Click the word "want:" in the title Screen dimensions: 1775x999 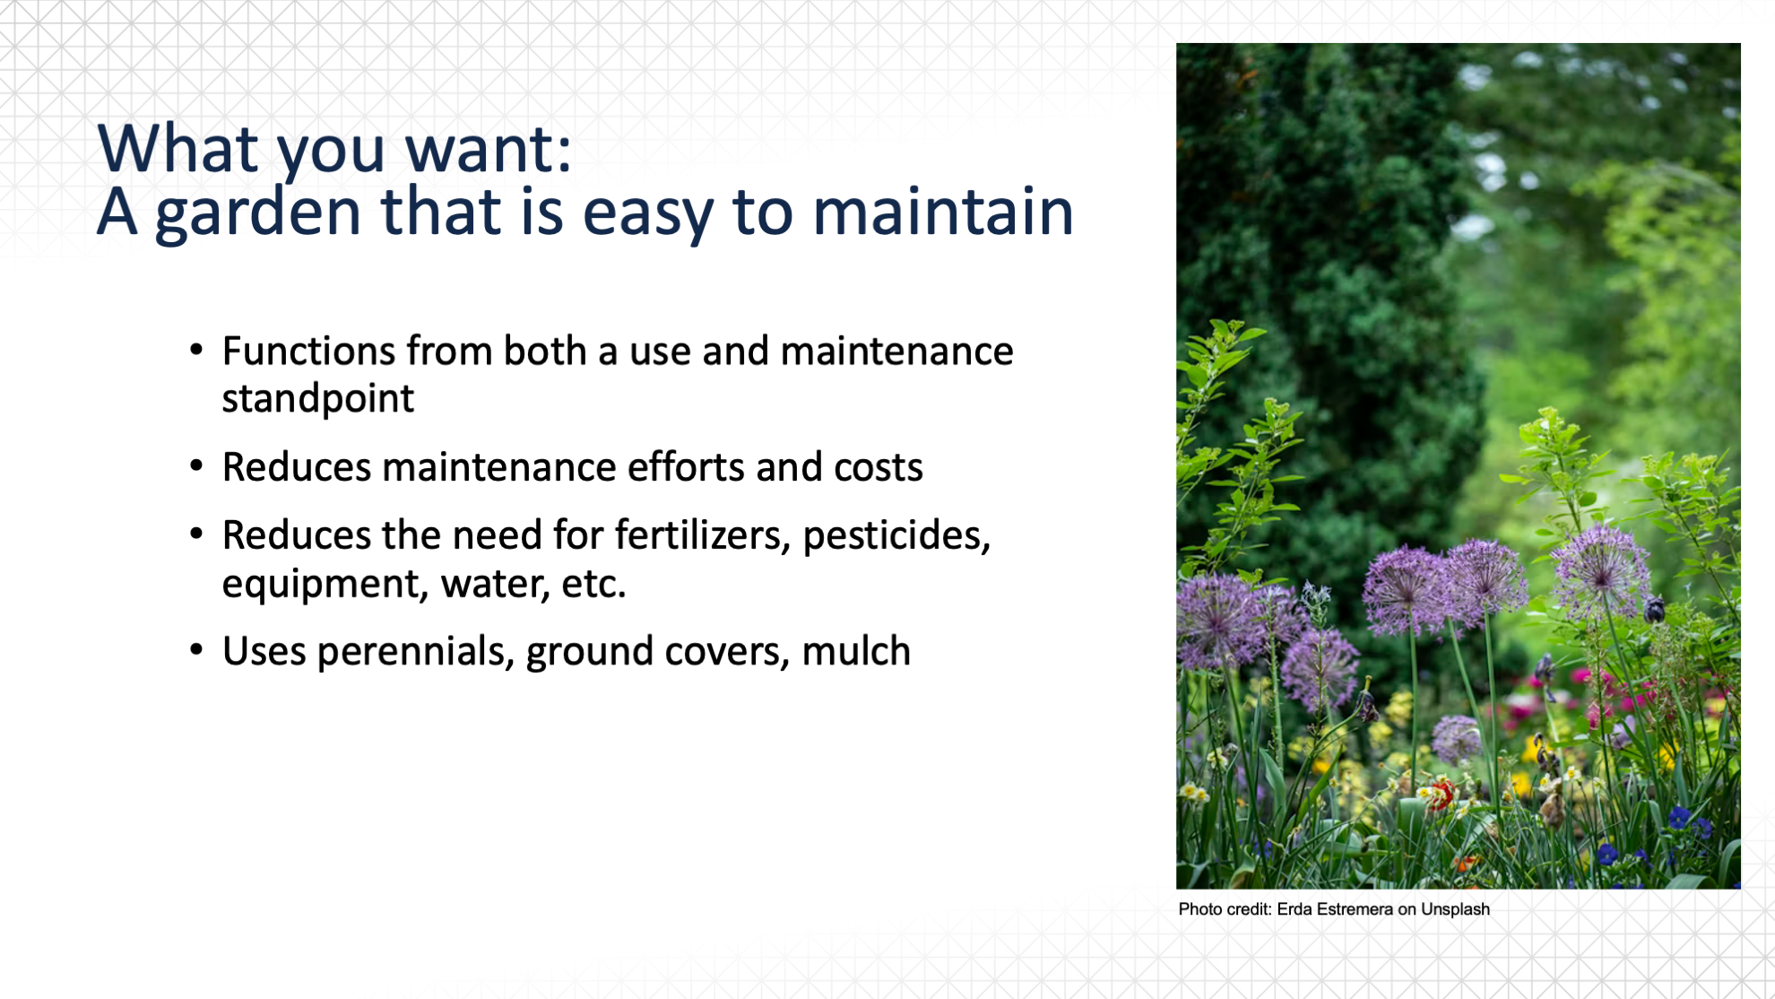point(488,149)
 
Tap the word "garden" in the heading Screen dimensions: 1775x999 point(258,214)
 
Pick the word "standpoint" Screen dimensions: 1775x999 point(318,399)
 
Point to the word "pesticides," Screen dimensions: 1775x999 point(896,536)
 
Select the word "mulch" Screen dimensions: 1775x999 point(856,651)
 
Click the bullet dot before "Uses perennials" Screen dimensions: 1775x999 point(196,650)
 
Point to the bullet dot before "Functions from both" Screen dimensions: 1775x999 point(196,350)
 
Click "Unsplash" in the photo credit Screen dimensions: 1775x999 point(1455,909)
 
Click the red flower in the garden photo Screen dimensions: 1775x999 point(1441,794)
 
